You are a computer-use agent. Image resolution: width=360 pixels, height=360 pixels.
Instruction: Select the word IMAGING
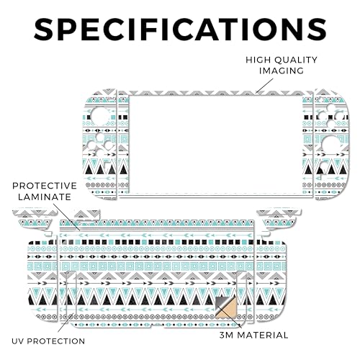coord(282,71)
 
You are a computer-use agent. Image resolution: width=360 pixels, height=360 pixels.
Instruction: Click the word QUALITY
coord(296,60)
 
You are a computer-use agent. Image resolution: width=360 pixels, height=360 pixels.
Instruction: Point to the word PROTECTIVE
coord(45,186)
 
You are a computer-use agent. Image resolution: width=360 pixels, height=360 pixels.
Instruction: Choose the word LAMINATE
coord(45,197)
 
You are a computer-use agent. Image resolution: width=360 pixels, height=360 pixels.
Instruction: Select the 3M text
coord(226,335)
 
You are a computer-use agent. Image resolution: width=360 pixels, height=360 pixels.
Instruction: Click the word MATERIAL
coord(263,335)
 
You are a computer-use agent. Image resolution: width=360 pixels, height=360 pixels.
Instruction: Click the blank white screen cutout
coord(215,145)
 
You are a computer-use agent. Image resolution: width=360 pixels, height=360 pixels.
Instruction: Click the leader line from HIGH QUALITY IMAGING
coord(264,86)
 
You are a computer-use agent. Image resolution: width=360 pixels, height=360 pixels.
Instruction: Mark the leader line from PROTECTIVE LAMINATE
coord(66,217)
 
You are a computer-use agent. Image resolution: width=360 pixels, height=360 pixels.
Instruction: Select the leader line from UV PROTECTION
coord(66,323)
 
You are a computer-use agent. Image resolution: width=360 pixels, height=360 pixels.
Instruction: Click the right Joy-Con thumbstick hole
coord(332,145)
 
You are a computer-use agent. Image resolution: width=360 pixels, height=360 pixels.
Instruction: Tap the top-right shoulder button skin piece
coord(279,217)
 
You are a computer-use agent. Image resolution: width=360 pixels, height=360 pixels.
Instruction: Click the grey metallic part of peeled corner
coord(221,304)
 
